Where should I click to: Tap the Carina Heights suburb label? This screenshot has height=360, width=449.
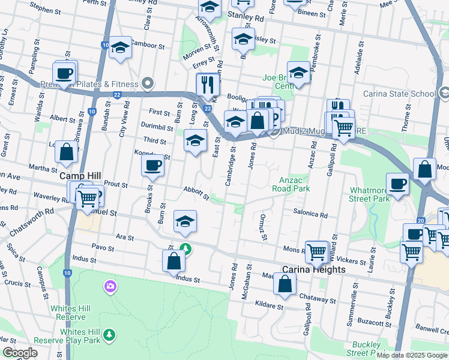point(315,270)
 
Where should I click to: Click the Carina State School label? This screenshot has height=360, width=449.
point(399,94)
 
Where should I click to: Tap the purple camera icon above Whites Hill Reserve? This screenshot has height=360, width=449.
point(109,285)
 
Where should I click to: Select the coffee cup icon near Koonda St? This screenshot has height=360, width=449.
point(153,166)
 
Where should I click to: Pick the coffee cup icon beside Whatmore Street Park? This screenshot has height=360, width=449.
point(397,184)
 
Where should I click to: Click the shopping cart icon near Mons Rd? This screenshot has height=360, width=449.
point(316,251)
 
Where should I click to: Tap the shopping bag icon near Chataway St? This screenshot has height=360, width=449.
point(285,284)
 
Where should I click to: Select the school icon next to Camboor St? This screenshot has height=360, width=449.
point(120,48)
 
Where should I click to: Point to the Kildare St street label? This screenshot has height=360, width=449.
point(268,306)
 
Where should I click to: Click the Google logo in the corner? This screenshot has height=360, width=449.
point(20,353)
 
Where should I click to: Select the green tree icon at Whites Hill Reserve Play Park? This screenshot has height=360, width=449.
point(109,334)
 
